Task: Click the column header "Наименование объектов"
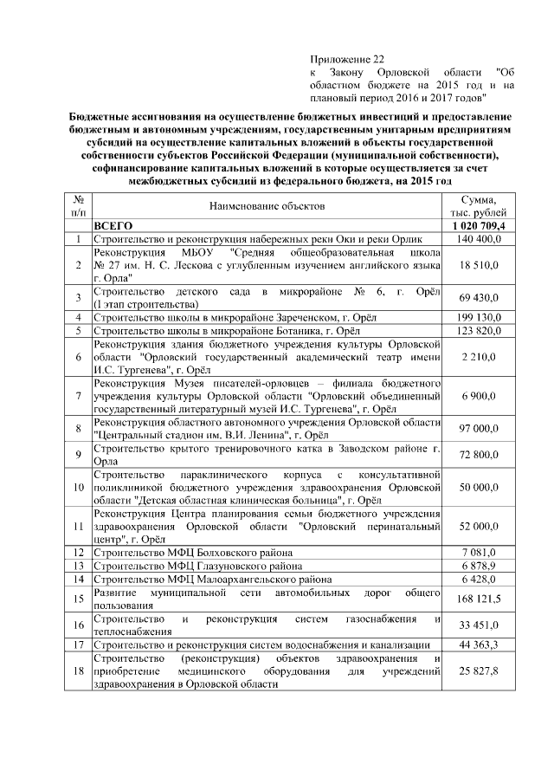click(x=266, y=206)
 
